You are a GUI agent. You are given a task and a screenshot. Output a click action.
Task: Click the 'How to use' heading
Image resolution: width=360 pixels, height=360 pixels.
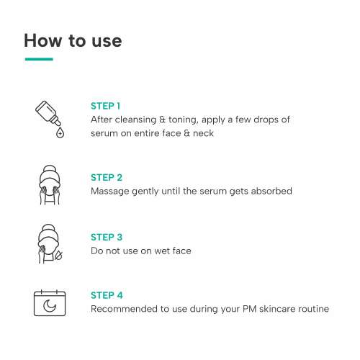click(x=73, y=40)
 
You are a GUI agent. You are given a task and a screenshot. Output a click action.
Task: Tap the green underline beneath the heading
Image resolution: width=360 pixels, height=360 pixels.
click(x=39, y=59)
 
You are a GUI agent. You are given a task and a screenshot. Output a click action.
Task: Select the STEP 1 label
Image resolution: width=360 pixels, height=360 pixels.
click(x=105, y=106)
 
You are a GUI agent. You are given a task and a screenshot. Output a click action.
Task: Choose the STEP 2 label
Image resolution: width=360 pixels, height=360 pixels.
click(x=107, y=177)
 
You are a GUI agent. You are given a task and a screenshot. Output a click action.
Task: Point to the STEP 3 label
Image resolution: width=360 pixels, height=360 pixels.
click(x=107, y=237)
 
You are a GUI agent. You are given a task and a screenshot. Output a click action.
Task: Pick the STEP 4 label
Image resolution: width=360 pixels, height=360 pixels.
click(x=107, y=295)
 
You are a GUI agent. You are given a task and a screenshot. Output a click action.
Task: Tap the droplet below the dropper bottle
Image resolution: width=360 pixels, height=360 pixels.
click(x=60, y=132)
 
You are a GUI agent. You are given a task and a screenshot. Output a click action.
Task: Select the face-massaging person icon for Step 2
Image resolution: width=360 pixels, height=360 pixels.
click(x=50, y=185)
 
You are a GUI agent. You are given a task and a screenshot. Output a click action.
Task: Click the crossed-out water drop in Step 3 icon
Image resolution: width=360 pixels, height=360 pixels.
click(x=58, y=256)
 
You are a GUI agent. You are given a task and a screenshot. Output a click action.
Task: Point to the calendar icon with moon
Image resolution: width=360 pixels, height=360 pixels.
click(x=50, y=302)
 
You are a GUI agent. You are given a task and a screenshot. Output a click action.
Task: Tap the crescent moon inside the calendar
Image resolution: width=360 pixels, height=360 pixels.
click(x=50, y=305)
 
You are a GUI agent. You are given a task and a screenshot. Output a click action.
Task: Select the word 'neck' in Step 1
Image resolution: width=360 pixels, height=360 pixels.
click(x=203, y=133)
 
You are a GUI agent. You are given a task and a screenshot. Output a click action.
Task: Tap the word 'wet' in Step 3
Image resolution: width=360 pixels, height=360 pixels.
click(x=162, y=251)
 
